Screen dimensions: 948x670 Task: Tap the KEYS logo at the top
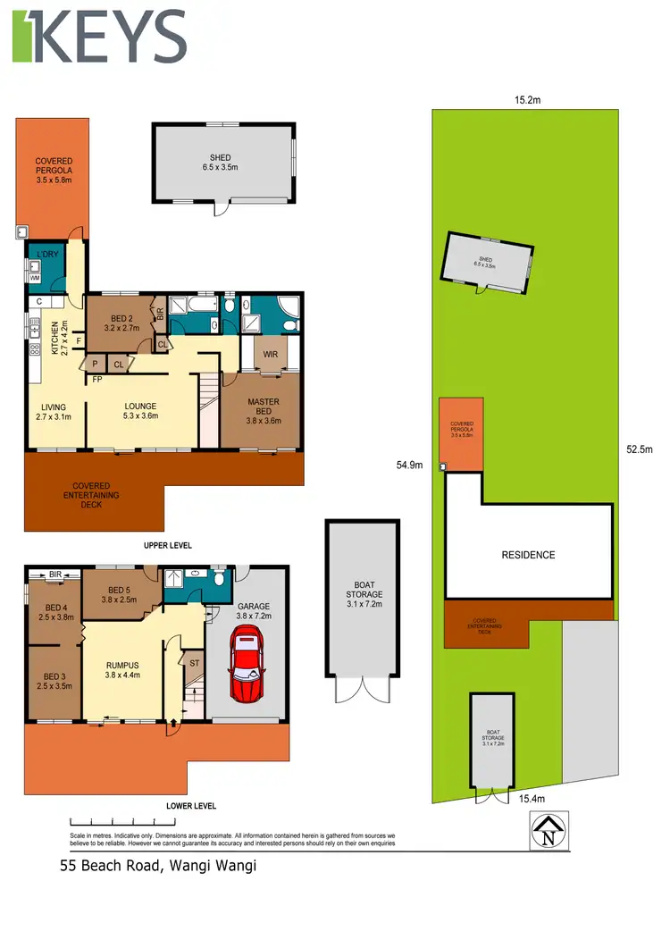99,38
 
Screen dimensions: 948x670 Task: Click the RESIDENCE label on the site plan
528,555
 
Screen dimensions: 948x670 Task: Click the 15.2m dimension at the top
527,100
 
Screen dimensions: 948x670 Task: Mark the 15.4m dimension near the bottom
533,799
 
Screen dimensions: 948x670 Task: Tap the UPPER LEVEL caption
168,545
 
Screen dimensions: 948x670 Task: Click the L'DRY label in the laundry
43,254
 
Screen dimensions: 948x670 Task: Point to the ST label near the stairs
194,663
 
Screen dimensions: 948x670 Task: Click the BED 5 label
121,590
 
